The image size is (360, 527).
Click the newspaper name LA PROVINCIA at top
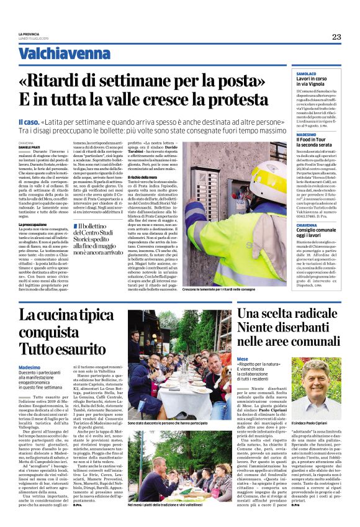29,34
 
